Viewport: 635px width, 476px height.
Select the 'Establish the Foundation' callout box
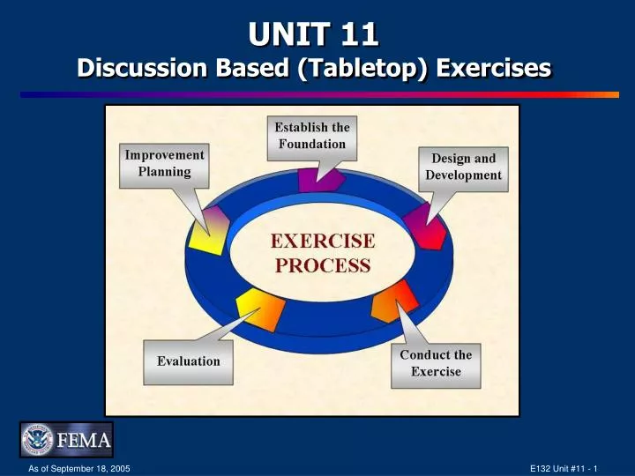(x=312, y=135)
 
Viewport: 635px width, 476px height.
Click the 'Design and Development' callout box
(x=463, y=167)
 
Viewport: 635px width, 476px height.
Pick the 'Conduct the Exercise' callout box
(x=436, y=363)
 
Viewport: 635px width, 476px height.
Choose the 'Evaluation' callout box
(x=189, y=361)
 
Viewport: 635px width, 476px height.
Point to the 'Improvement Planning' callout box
(x=164, y=163)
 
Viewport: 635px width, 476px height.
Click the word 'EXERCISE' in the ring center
(x=322, y=241)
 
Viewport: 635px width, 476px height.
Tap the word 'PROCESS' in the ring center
(x=322, y=264)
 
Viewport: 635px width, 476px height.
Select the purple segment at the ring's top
(x=319, y=179)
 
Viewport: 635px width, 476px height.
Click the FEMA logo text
(x=84, y=440)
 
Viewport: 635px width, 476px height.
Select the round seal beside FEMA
(x=39, y=440)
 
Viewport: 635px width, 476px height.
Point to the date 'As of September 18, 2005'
(x=79, y=467)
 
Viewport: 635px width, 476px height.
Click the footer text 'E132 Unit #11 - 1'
(x=564, y=467)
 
